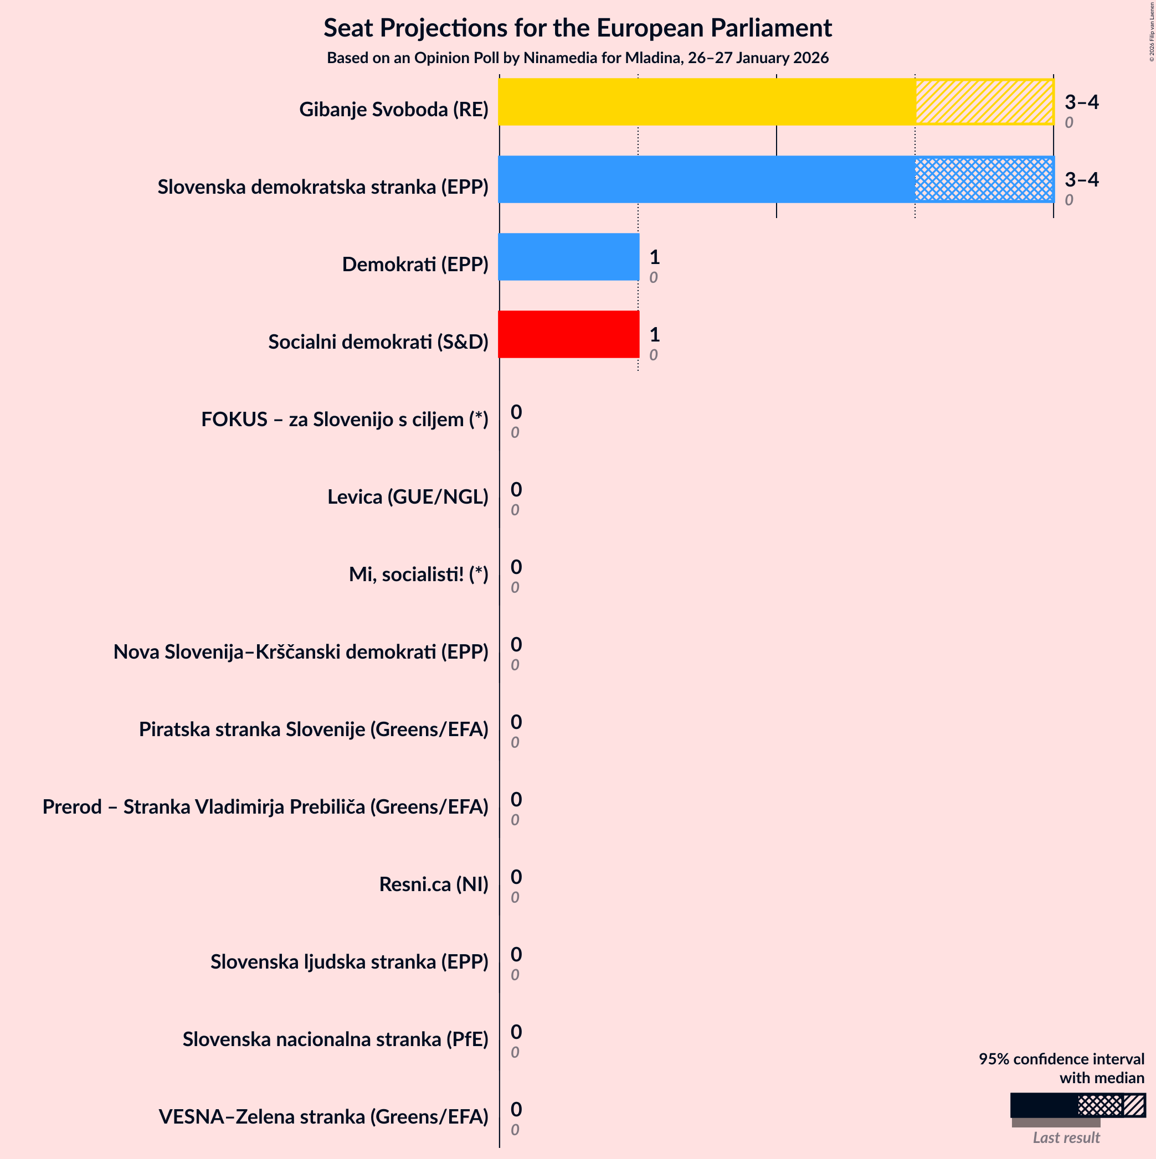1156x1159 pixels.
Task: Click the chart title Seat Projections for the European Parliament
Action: point(577,28)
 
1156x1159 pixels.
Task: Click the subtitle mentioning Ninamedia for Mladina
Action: point(577,58)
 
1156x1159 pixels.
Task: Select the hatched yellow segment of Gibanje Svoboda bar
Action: point(984,102)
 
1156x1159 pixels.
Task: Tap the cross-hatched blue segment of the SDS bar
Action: point(984,179)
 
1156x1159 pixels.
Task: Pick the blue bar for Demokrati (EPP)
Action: point(568,257)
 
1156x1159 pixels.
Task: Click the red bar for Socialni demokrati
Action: point(568,334)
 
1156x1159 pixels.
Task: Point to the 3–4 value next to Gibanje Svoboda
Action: point(1082,102)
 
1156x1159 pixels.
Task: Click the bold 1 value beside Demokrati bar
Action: point(654,257)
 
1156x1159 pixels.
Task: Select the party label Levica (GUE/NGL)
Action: point(408,496)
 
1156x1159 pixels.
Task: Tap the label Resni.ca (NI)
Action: point(433,884)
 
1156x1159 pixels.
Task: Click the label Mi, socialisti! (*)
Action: point(418,574)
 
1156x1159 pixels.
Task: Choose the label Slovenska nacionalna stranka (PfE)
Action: point(336,1039)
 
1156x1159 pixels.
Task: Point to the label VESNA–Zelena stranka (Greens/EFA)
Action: point(323,1116)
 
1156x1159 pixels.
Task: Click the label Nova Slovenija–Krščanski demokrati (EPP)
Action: point(301,651)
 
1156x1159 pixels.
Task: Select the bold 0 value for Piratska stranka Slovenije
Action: point(516,722)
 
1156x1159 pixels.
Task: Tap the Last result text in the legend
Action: point(1066,1137)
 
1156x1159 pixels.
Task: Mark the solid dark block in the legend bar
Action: point(1043,1105)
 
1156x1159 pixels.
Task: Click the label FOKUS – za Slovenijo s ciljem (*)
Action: point(345,420)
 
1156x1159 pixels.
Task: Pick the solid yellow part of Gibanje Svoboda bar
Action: point(706,102)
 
